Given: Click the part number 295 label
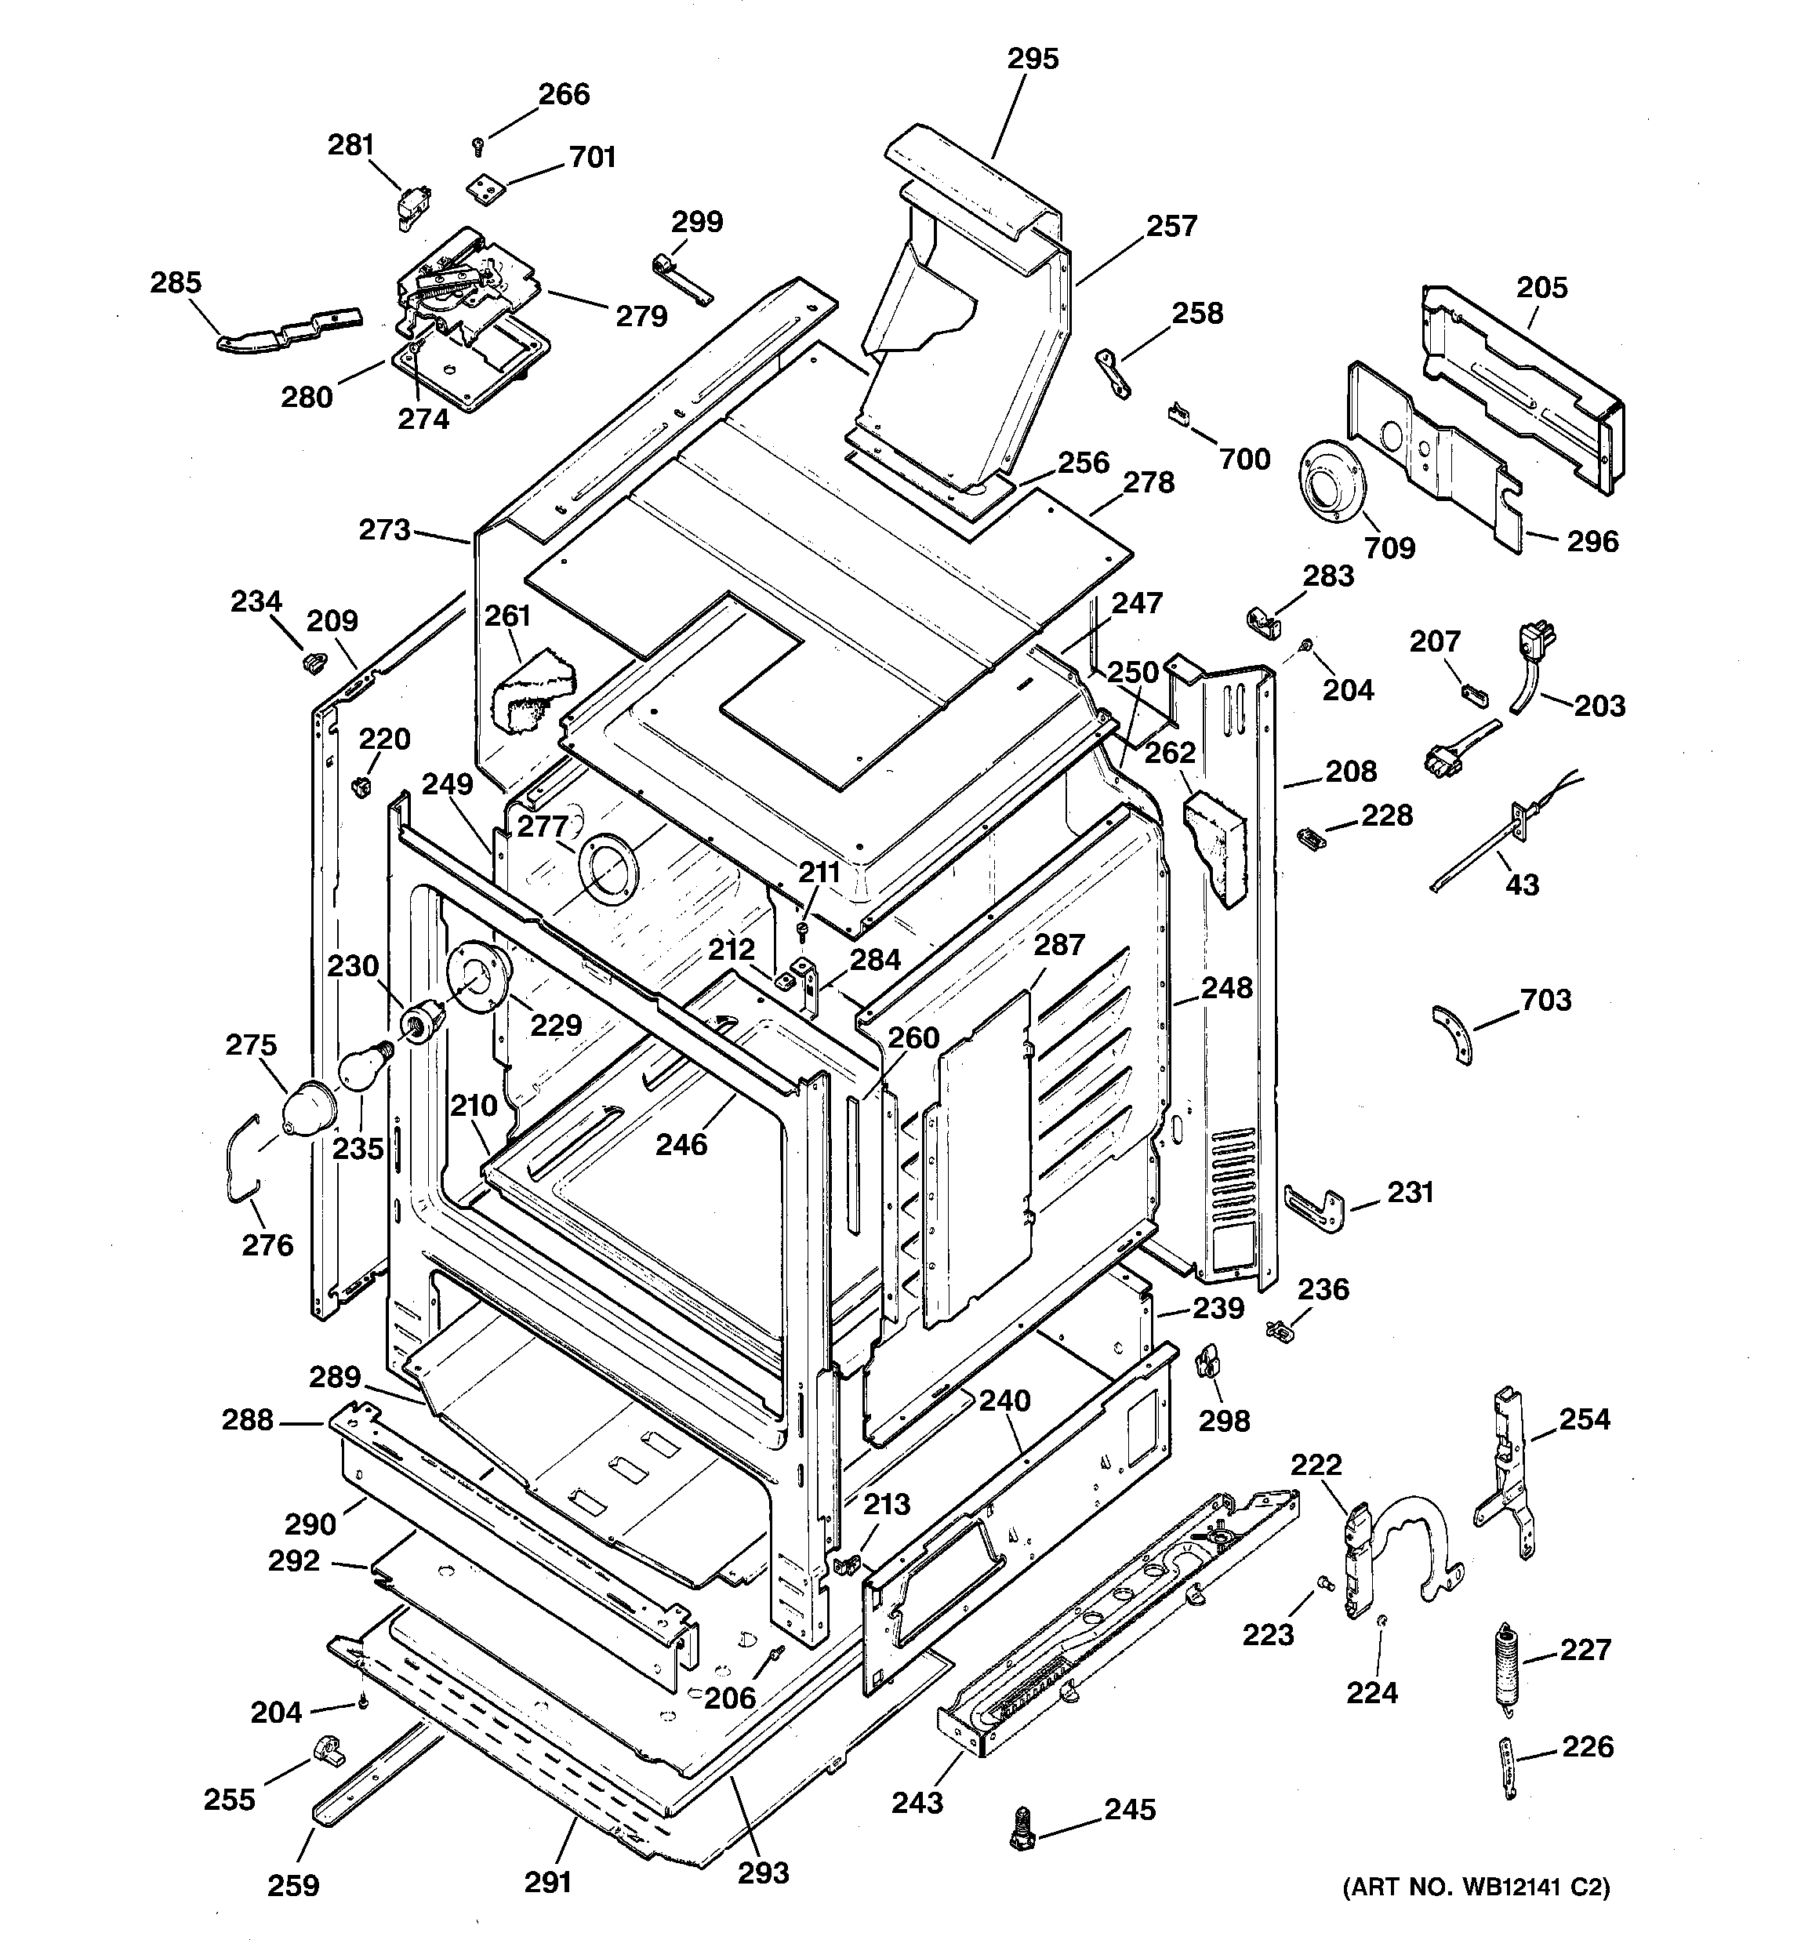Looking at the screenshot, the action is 1033,60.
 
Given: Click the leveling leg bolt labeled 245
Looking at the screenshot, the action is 1022,1825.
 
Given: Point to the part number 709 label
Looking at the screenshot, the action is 1389,547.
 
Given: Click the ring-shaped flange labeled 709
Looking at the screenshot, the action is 1327,485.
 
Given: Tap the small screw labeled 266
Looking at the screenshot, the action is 478,147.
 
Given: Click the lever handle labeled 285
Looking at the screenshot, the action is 289,329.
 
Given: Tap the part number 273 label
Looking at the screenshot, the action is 384,530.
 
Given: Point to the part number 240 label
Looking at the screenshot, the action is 1004,1401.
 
